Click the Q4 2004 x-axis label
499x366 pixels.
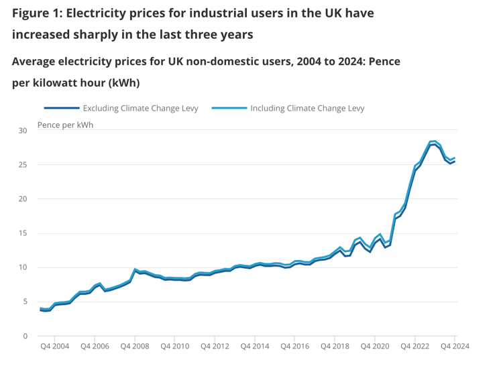coord(54,347)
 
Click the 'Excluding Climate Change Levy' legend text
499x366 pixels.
coord(140,108)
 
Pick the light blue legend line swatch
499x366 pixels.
coord(229,108)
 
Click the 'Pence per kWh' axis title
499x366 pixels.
coord(66,125)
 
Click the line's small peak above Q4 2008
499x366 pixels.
coord(135,269)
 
